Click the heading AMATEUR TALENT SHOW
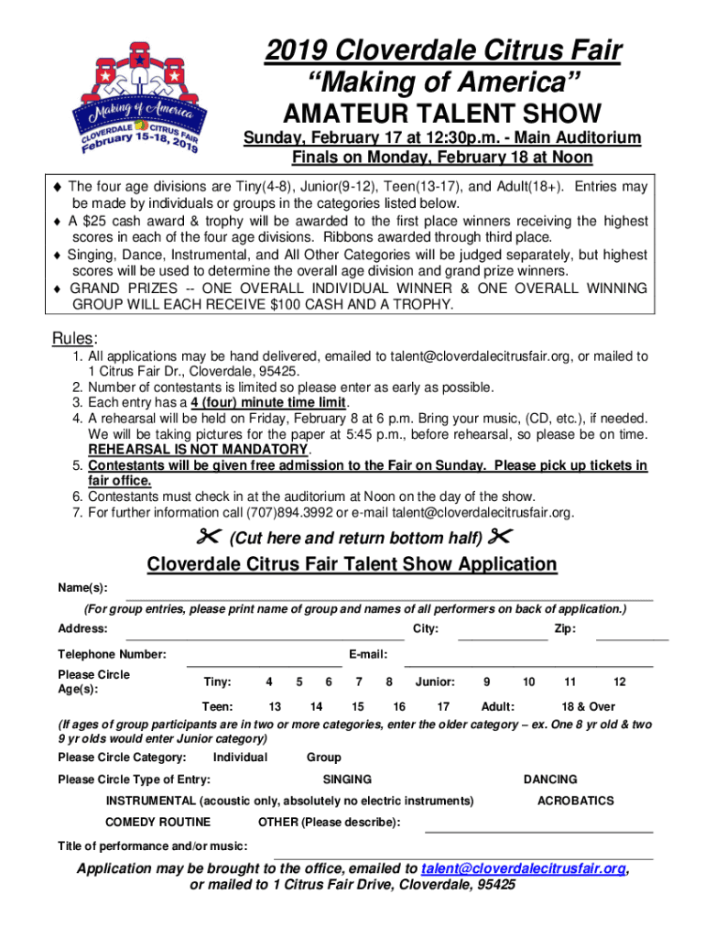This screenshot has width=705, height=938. pyautogui.click(x=442, y=114)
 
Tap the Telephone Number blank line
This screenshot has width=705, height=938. pyautogui.click(x=264, y=660)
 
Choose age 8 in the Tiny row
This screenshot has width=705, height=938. pyautogui.click(x=389, y=682)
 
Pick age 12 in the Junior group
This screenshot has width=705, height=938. pyautogui.click(x=620, y=682)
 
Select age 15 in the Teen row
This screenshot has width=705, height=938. pyautogui.click(x=358, y=706)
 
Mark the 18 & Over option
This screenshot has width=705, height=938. pyautogui.click(x=588, y=706)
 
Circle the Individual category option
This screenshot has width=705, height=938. pyautogui.click(x=240, y=758)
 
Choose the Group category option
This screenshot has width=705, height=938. pyautogui.click(x=324, y=758)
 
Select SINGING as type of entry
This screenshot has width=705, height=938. pyautogui.click(x=347, y=780)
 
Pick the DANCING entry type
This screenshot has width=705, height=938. pyautogui.click(x=550, y=780)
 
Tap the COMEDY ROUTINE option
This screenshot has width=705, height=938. pyautogui.click(x=158, y=822)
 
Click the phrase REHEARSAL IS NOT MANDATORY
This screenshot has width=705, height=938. pyautogui.click(x=198, y=450)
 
